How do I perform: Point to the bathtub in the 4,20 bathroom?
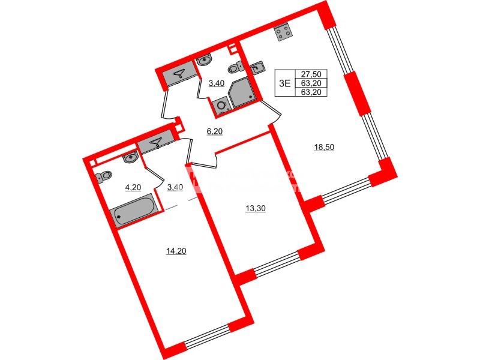coord(136,212)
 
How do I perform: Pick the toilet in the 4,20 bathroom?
coord(104,178)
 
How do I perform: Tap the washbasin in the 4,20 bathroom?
coord(130,158)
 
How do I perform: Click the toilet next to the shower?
coord(238,66)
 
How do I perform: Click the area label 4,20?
coord(133,187)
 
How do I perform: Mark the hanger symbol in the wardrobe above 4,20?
coord(156,142)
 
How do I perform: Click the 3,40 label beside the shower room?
coord(216,83)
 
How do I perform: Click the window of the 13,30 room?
coord(277,264)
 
